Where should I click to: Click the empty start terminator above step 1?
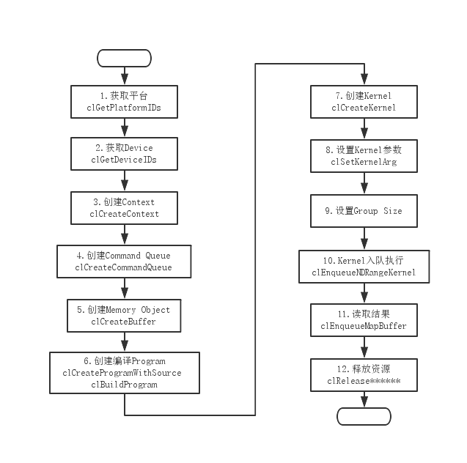click(124, 58)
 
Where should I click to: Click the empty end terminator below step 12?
click(364, 416)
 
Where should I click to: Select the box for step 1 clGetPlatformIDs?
click(124, 101)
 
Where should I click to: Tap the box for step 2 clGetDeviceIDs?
click(124, 154)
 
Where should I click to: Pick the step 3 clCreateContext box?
click(124, 207)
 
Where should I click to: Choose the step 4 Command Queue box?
click(124, 262)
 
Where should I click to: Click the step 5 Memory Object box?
click(124, 315)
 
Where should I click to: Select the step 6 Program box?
click(124, 372)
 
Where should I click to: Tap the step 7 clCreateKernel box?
click(364, 101)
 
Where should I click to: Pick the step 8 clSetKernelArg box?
click(364, 155)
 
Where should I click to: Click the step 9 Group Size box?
click(364, 211)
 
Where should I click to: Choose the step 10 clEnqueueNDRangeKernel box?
click(364, 266)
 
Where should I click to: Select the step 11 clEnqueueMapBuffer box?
click(364, 320)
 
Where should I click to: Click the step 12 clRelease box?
click(364, 375)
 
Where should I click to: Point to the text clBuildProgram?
click(124, 385)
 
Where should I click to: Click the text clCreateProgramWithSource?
click(124, 373)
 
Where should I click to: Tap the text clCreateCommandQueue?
click(124, 267)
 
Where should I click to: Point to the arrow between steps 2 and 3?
click(124, 181)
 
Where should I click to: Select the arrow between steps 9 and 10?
click(364, 239)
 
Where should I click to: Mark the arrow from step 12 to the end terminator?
click(364, 400)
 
